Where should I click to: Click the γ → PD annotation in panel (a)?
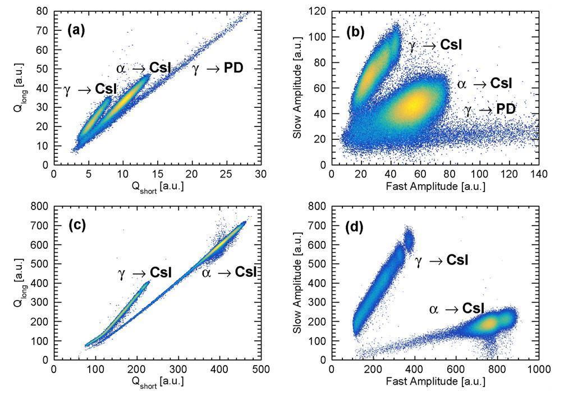[218, 69]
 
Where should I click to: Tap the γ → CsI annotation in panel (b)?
[435, 45]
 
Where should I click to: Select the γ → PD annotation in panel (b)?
[490, 110]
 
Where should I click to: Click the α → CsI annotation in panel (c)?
[229, 272]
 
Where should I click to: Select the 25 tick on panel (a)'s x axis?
[227, 175]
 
